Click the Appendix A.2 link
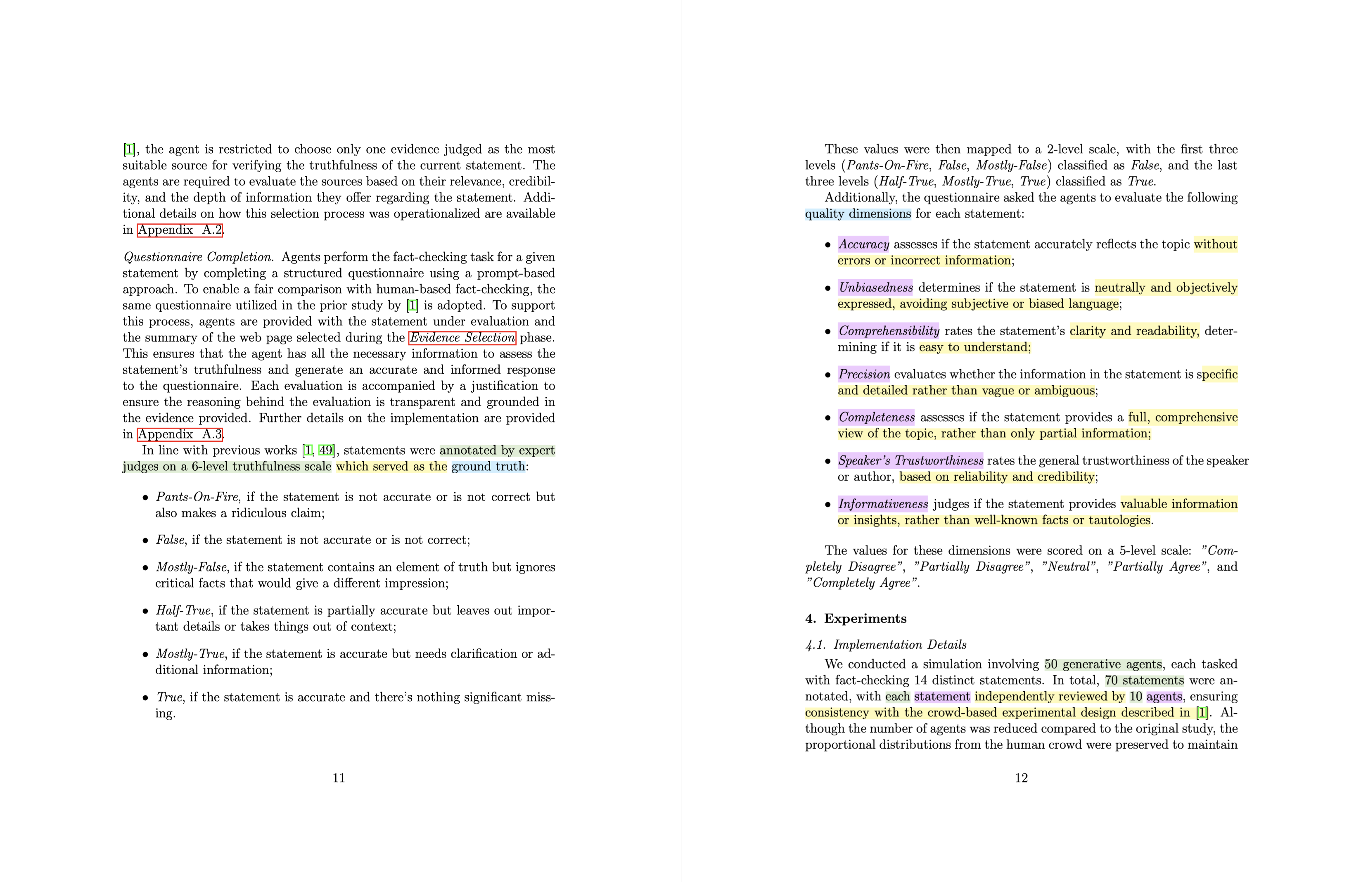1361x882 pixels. click(x=180, y=230)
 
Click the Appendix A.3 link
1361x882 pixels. click(x=180, y=434)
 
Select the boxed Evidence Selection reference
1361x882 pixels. click(x=462, y=337)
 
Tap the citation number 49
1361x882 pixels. click(x=326, y=450)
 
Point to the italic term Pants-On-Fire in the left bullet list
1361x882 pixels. click(x=197, y=496)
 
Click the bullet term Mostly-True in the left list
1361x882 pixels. click(x=190, y=654)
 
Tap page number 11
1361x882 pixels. click(x=339, y=778)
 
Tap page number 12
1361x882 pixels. click(x=1021, y=778)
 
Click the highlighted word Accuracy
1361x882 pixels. click(x=863, y=244)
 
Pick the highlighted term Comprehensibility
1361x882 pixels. click(x=889, y=331)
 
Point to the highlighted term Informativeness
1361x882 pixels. click(x=883, y=504)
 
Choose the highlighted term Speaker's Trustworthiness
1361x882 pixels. click(x=910, y=460)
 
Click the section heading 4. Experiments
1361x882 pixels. click(x=856, y=618)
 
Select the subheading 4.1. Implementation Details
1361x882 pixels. click(x=886, y=645)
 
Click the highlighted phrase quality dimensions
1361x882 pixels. click(x=858, y=214)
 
